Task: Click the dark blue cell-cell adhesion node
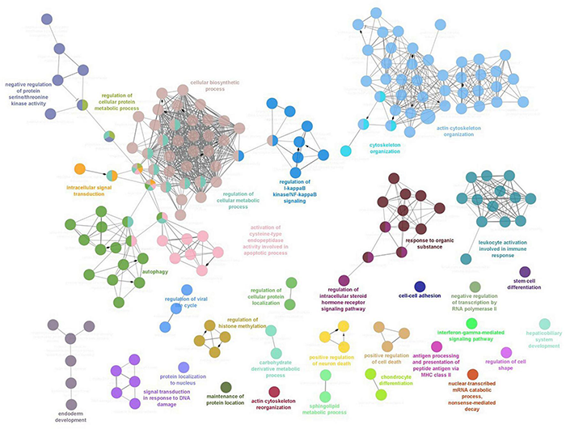(420, 287)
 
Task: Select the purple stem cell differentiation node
(524, 271)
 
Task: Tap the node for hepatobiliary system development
(545, 324)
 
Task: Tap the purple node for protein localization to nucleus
(184, 367)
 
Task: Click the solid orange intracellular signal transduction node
(80, 169)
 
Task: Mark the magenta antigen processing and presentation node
(437, 346)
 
